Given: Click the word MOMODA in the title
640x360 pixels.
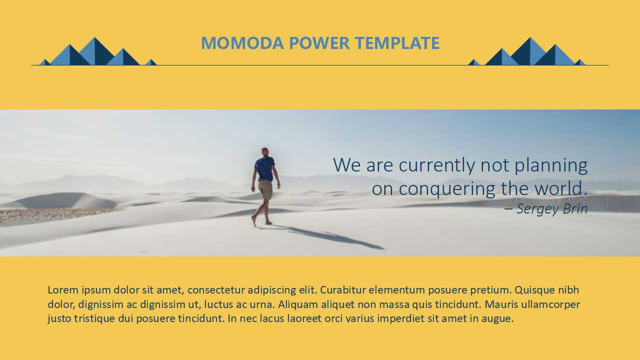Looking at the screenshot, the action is click(x=242, y=43).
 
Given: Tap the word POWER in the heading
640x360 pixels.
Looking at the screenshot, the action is click(x=319, y=43).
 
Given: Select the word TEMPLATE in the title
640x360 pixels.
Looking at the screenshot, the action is click(x=397, y=43).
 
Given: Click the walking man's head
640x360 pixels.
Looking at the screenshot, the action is click(x=265, y=151).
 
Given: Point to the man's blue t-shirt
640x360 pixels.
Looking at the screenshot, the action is click(x=265, y=168).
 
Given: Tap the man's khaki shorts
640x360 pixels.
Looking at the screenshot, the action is click(x=265, y=189).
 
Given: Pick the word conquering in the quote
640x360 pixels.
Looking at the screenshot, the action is click(x=447, y=189).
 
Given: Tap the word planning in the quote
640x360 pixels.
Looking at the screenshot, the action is click(x=551, y=165).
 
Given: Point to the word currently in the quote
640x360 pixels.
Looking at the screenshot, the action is click(x=437, y=165).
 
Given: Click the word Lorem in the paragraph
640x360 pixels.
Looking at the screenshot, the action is click(x=63, y=290).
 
